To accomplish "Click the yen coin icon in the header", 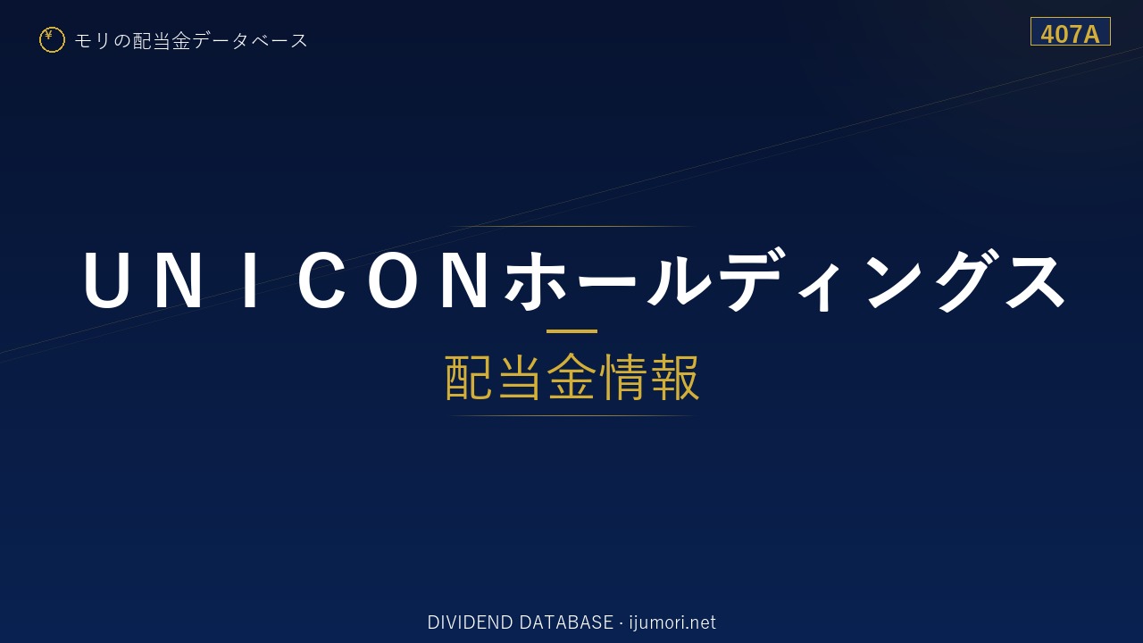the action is (52, 40).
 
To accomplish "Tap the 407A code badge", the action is (1070, 31).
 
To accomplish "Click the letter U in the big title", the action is (107, 280).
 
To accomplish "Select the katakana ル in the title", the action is (680, 280).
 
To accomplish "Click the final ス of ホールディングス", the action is (1035, 280).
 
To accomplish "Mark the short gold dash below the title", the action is (571, 331).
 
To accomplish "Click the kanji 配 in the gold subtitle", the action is (469, 378).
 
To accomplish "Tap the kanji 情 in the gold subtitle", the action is (623, 378).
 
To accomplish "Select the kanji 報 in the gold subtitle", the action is (675, 378).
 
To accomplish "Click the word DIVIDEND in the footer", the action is (470, 622).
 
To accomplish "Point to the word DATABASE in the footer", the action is (566, 622).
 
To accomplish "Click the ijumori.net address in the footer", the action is (672, 622).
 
